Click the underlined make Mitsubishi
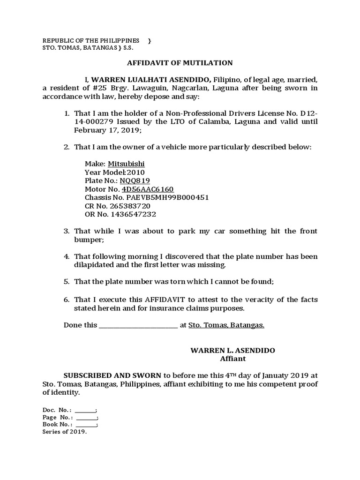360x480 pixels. [x=126, y=164]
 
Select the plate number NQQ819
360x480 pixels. [x=135, y=181]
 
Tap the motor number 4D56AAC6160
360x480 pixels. [x=148, y=189]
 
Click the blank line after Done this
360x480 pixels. [x=138, y=326]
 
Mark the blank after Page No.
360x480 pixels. [x=86, y=418]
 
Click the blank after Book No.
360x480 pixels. [x=86, y=425]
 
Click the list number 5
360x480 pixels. [x=67, y=282]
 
